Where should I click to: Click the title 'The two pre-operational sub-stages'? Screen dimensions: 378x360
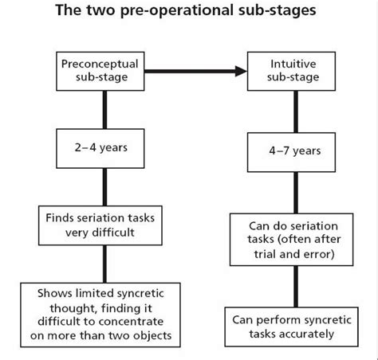(x=186, y=10)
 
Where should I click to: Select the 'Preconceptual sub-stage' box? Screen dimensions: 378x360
(x=100, y=71)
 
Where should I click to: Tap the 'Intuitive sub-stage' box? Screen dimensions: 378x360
(x=291, y=71)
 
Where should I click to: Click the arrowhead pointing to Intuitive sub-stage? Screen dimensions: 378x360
(x=241, y=71)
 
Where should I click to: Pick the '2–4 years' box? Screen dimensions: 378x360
(x=100, y=148)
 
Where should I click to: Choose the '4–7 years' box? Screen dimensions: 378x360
(x=291, y=152)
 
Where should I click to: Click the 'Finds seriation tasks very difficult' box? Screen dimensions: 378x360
(x=100, y=225)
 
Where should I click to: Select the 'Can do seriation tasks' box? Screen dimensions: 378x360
(x=292, y=240)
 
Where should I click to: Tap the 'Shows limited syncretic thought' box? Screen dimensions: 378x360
(x=100, y=315)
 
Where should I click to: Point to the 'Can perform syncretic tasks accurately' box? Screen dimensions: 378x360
(x=292, y=327)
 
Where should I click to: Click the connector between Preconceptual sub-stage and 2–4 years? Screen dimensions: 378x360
(x=104, y=110)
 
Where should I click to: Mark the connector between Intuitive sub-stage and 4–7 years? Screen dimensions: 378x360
(x=296, y=112)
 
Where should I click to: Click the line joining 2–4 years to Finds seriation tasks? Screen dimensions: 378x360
(x=104, y=187)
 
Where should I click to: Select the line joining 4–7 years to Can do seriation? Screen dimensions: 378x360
(x=296, y=193)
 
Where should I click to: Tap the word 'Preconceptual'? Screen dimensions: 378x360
(x=100, y=65)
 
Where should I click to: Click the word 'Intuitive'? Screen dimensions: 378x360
(x=293, y=64)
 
